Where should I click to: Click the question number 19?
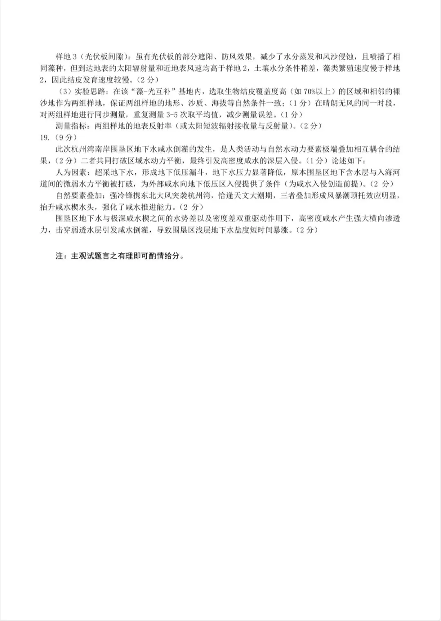45,137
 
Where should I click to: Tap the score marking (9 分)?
66,137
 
